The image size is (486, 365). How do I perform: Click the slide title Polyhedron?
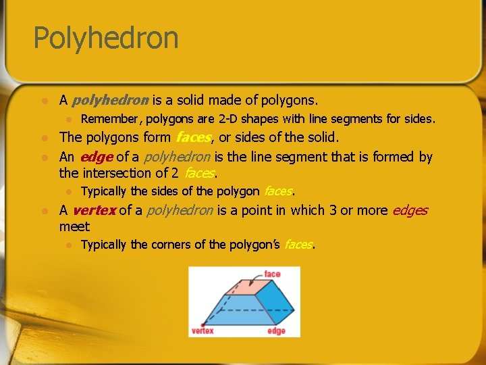106,38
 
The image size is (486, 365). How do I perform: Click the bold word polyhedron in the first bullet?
110,101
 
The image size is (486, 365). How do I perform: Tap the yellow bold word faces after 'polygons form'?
194,137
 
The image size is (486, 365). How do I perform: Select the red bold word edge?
96,157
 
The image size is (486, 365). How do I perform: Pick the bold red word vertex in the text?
94,210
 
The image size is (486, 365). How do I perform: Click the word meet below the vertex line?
74,226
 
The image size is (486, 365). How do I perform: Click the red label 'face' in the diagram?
272,274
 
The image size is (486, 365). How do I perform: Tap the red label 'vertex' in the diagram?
202,331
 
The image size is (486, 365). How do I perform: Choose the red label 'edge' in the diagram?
276,331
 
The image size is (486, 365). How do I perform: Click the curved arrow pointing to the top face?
255,277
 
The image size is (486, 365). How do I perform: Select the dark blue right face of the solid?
279,302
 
